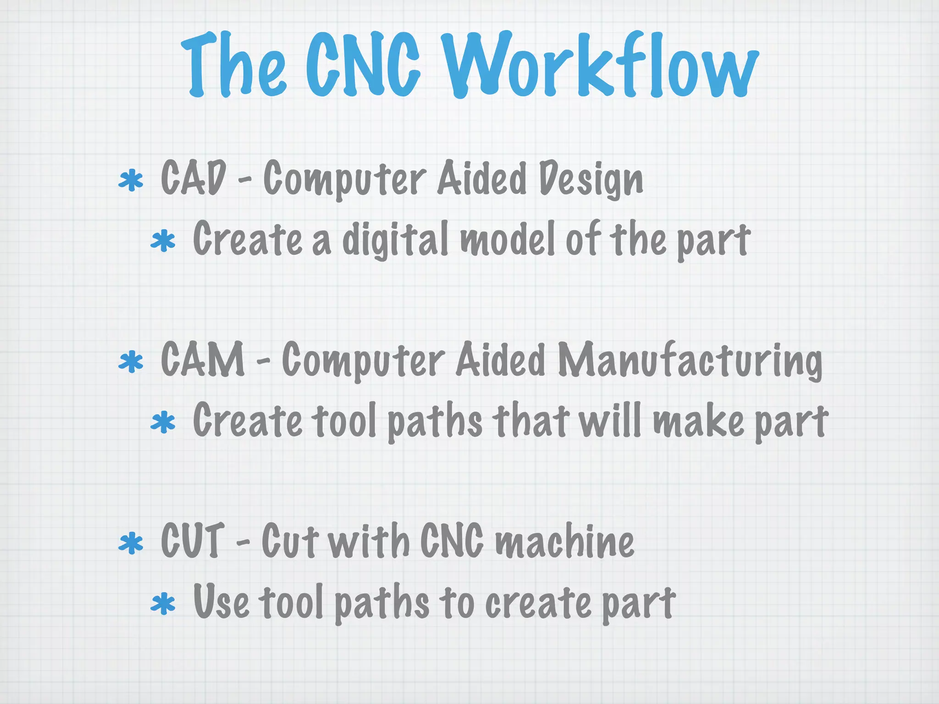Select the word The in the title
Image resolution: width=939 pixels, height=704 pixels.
234,66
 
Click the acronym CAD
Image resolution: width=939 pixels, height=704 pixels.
193,177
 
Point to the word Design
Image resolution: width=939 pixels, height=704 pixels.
591,180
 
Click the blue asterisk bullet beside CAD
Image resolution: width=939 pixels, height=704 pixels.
131,180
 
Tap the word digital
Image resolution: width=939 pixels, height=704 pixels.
395,239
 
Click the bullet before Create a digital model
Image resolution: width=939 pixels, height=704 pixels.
163,242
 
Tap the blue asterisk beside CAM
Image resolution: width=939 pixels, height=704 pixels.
131,362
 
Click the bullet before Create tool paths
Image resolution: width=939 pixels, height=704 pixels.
163,423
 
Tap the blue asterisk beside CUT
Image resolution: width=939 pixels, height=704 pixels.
131,543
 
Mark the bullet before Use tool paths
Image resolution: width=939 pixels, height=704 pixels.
163,604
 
